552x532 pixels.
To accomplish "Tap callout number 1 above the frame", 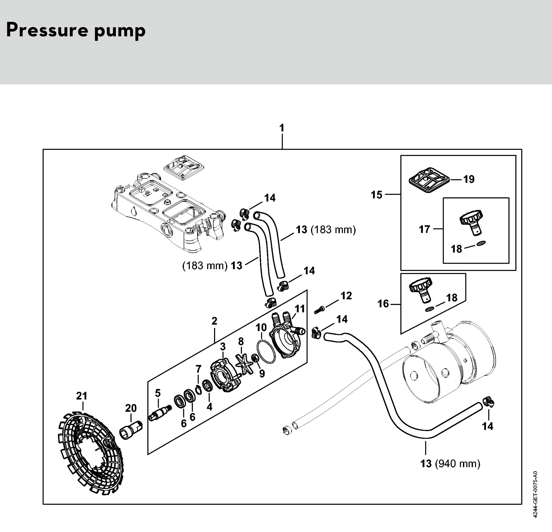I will click(x=282, y=128).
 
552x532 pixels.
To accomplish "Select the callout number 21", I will click(x=82, y=396).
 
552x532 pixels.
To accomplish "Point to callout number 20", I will click(x=131, y=408).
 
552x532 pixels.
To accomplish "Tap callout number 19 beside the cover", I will click(x=469, y=179).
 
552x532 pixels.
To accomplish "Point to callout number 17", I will click(x=424, y=229).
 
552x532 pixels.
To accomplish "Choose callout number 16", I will click(x=383, y=304).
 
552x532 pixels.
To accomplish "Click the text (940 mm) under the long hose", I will click(x=458, y=464).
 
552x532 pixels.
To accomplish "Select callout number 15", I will click(x=377, y=195).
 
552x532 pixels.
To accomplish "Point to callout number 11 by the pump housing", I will click(x=300, y=309).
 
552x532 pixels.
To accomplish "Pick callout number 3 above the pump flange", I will click(x=223, y=347).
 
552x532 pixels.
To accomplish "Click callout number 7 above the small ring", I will click(x=199, y=369).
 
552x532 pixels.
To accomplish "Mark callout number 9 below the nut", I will click(x=262, y=374).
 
